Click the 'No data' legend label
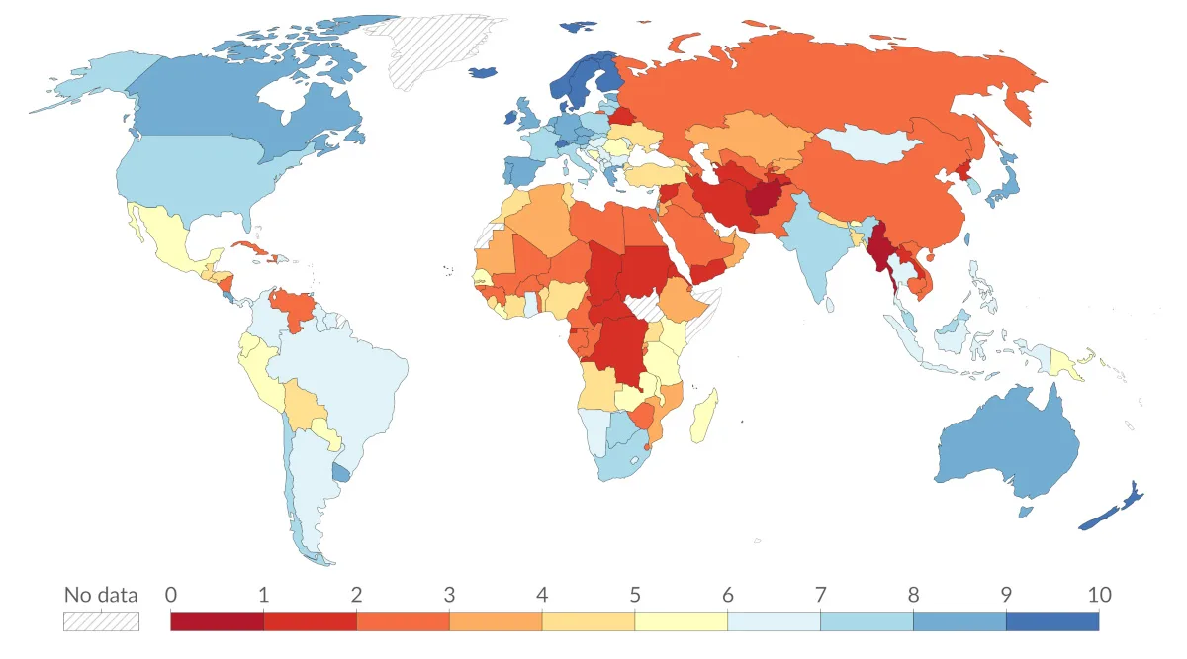(x=101, y=595)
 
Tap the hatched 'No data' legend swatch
(x=101, y=621)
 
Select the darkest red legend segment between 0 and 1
(x=217, y=621)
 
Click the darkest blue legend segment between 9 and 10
(x=1051, y=621)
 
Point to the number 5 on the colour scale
(x=634, y=595)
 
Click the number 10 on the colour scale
(x=1098, y=595)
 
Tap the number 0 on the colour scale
(x=171, y=595)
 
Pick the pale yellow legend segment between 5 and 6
(x=681, y=621)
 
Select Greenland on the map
(x=435, y=49)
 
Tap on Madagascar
(x=706, y=416)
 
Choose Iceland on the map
(x=482, y=71)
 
